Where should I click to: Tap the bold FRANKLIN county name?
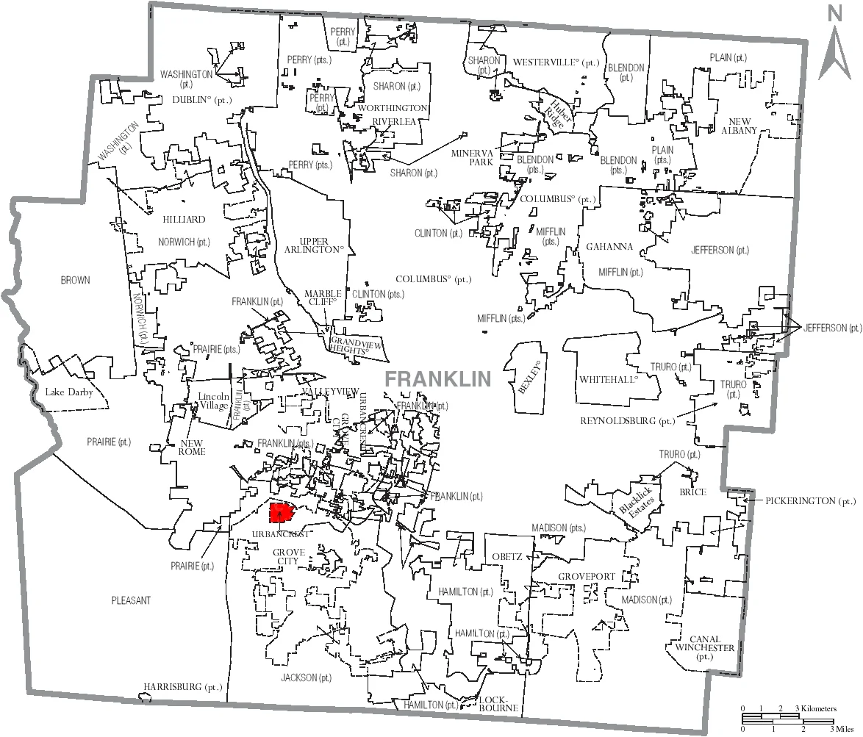click(x=437, y=378)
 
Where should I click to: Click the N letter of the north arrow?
click(x=834, y=13)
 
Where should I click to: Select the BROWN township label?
click(x=75, y=280)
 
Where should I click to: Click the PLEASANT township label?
click(x=132, y=600)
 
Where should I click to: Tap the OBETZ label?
click(x=506, y=556)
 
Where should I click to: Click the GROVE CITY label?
click(x=288, y=556)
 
